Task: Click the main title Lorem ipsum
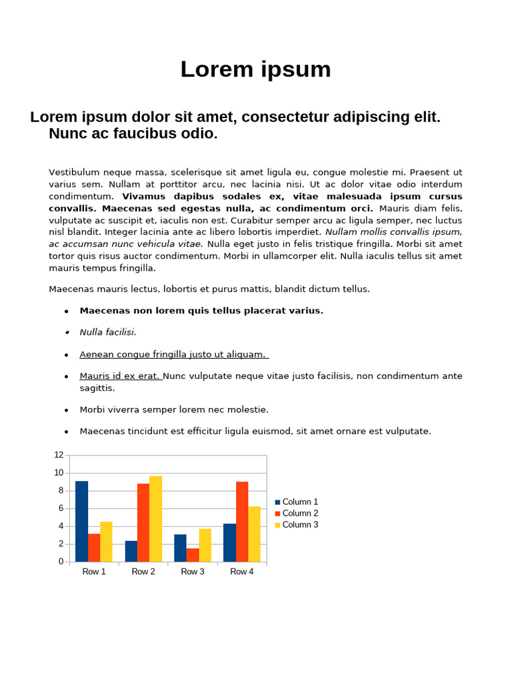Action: point(255,69)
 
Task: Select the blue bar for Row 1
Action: point(81,521)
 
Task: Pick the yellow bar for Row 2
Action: point(155,518)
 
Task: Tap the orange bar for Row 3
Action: point(193,555)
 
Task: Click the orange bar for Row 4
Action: point(242,522)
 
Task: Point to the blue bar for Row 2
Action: point(131,551)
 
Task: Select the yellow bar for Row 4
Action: point(254,534)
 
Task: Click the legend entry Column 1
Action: point(300,502)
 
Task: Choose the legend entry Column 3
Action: point(300,525)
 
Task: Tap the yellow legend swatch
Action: point(278,525)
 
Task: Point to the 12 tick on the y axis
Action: point(59,455)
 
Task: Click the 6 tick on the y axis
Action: point(61,508)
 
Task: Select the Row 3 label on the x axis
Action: point(193,572)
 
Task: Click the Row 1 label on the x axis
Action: point(94,572)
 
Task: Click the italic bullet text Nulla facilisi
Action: point(107,332)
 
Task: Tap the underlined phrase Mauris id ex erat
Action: point(120,376)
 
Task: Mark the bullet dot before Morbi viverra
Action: point(67,410)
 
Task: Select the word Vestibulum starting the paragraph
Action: point(73,173)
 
